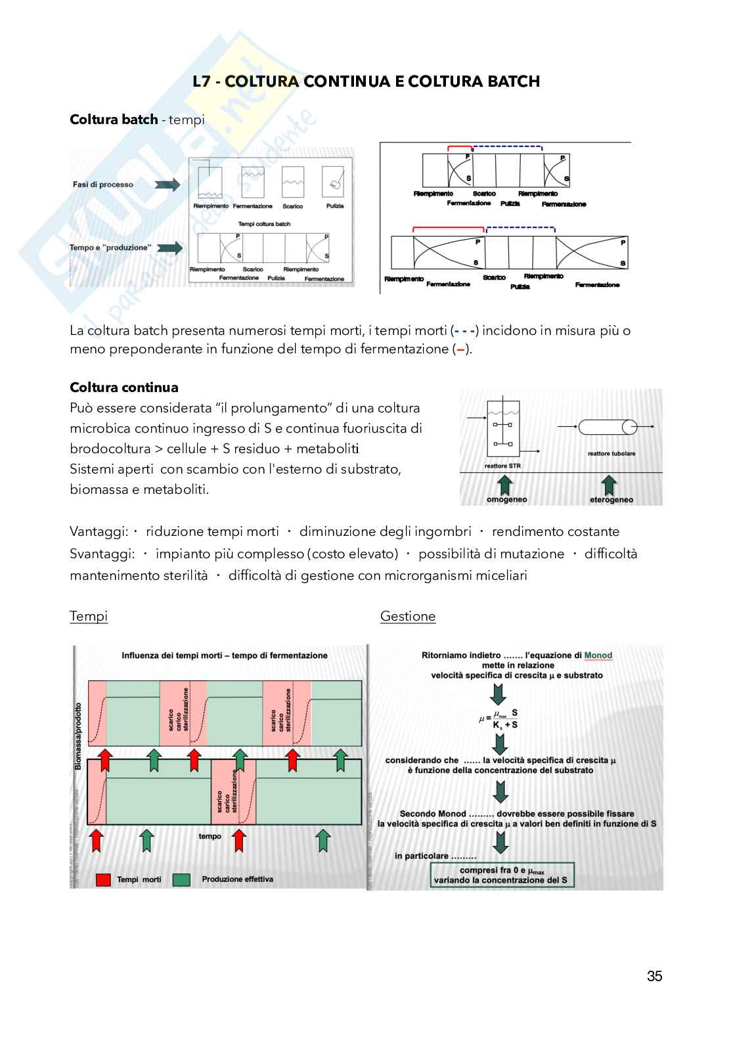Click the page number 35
click(654, 976)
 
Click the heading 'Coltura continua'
click(124, 387)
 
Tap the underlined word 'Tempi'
click(89, 616)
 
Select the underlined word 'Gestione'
click(408, 616)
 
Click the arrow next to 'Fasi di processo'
click(167, 185)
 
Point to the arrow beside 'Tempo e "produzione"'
click(169, 248)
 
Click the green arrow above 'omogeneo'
click(505, 485)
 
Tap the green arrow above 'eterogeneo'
click(609, 485)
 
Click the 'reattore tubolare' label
click(611, 453)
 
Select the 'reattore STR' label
click(502, 466)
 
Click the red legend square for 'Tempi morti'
click(103, 879)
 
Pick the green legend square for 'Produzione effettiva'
click(181, 879)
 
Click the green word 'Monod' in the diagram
click(598, 655)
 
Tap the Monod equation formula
click(499, 718)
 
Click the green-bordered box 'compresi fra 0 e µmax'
click(502, 875)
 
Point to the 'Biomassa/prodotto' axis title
click(78, 736)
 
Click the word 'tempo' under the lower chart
click(210, 836)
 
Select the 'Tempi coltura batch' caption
click(264, 224)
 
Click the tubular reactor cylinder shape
click(608, 427)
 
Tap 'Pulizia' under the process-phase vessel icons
click(335, 206)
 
